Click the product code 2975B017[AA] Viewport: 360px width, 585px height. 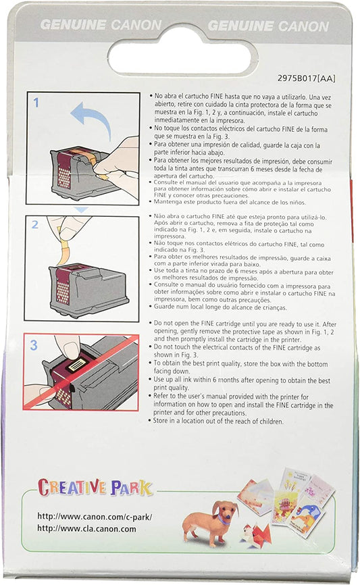coord(306,78)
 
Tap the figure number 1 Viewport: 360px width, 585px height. coord(36,102)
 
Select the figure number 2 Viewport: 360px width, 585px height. coord(34,224)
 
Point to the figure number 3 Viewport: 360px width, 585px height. coord(34,345)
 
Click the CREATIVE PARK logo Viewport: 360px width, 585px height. coord(95,487)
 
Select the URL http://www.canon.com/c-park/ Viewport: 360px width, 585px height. coord(95,517)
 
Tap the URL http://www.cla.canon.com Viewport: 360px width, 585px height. coord(86,529)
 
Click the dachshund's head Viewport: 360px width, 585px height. coord(223,511)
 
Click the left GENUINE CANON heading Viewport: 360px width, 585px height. coord(101,25)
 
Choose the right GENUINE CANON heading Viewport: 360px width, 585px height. coord(269,26)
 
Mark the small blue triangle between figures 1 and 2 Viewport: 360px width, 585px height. coord(81,209)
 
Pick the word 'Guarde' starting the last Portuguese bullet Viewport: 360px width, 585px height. coord(165,307)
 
